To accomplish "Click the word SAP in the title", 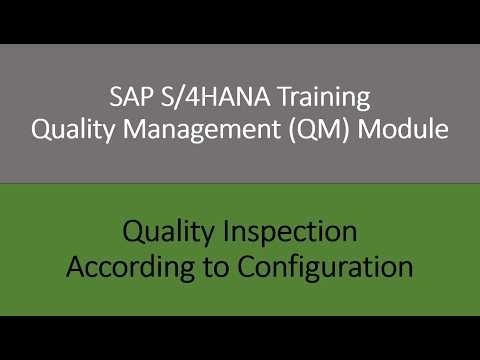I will click(129, 99).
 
